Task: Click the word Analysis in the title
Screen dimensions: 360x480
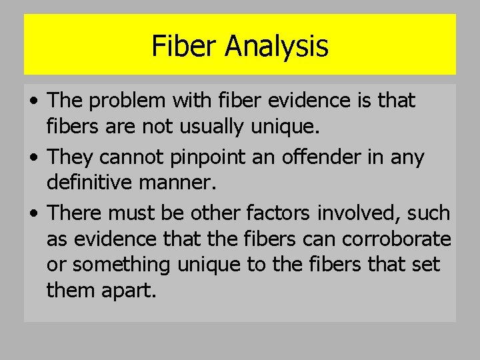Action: coord(277,47)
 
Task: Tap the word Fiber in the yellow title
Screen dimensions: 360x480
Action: coord(185,47)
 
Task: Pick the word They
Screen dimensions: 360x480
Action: coord(69,157)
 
